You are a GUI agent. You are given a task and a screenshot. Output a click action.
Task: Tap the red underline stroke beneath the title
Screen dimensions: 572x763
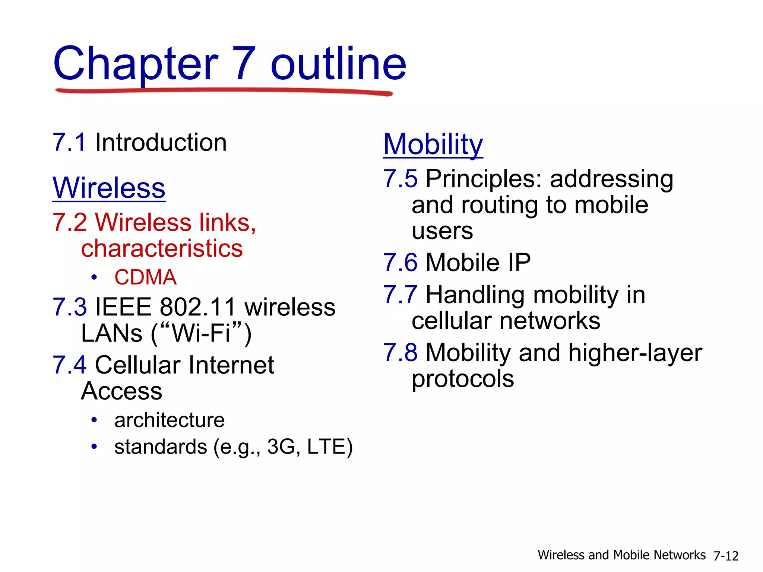pos(224,90)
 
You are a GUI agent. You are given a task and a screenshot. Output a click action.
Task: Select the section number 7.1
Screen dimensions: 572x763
pos(69,142)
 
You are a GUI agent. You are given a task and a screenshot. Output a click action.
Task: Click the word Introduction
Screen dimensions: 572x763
pos(161,142)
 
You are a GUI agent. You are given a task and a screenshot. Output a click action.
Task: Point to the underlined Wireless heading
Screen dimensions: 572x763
pos(109,188)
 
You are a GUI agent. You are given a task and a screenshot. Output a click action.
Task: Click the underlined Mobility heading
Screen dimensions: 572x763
pos(433,144)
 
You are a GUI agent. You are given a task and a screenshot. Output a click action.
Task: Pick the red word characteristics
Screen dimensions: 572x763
pos(162,248)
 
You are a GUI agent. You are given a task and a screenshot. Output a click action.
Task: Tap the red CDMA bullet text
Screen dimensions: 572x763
pos(145,277)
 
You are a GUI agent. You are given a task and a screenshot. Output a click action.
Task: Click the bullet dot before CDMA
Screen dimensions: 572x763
pos(94,277)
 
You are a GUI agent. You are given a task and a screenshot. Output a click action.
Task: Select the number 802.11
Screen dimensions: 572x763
pos(198,307)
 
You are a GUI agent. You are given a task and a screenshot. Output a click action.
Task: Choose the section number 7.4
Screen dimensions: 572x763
pos(69,365)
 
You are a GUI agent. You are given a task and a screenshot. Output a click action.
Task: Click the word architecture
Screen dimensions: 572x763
pos(170,420)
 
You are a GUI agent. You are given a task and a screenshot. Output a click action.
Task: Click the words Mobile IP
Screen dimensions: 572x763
pos(478,263)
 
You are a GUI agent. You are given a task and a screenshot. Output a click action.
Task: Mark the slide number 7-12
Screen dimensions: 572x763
pos(726,556)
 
